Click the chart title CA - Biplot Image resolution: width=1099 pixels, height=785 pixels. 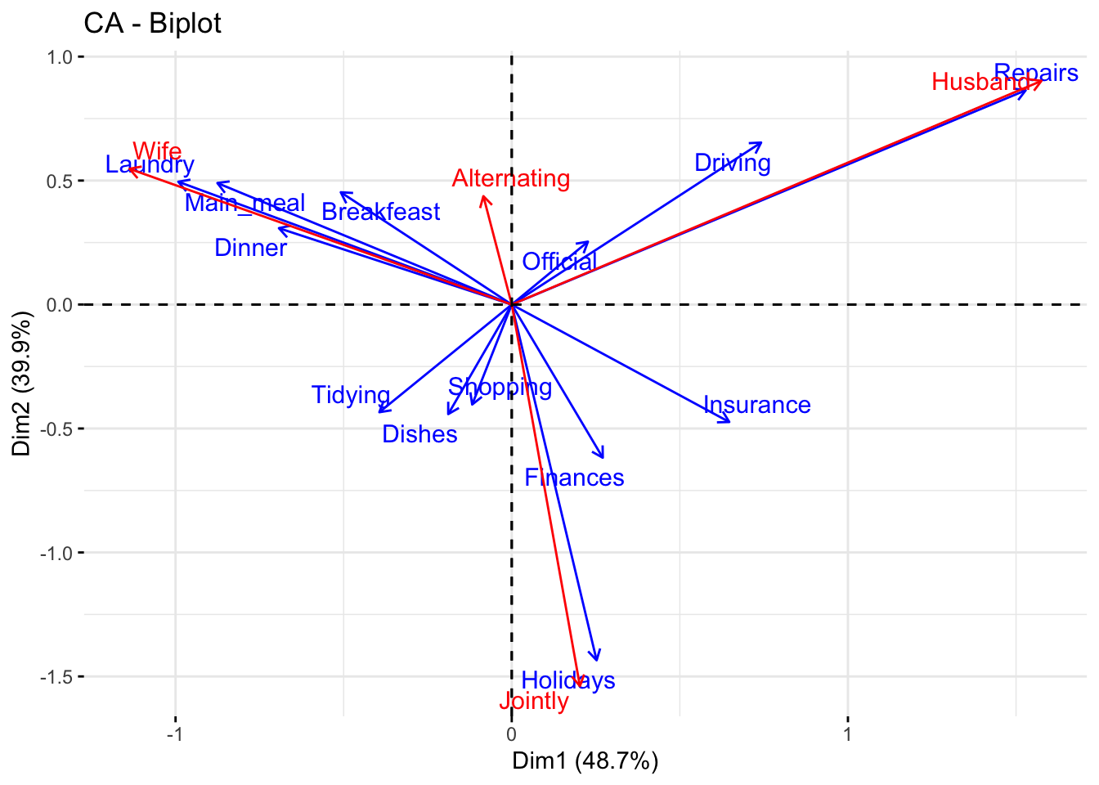coord(152,24)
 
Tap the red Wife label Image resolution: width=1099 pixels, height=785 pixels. coord(157,151)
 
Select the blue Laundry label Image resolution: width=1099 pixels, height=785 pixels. coord(150,165)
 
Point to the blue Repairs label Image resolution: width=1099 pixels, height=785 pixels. coord(1036,73)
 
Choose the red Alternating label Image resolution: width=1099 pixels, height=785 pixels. coord(511,178)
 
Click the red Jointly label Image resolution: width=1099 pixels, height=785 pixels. coord(533,701)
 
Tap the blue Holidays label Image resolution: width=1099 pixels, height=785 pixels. coord(568,680)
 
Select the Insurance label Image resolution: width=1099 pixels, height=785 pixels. coord(757,405)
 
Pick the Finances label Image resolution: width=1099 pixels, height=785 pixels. coord(574,478)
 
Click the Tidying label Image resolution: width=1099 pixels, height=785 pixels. coord(351,395)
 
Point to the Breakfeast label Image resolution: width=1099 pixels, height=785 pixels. coord(381,213)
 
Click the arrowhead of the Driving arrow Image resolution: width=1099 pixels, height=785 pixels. coord(760,143)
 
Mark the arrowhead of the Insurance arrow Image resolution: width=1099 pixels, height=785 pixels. coord(729,422)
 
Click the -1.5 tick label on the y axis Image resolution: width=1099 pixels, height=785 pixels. coord(57,677)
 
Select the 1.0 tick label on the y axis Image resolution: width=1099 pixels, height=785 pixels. coord(61,57)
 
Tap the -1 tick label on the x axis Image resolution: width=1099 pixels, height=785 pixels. coord(174,733)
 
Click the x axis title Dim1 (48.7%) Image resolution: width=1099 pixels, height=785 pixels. coord(585,761)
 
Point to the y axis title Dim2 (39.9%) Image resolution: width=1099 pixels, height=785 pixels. coord(22,383)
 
